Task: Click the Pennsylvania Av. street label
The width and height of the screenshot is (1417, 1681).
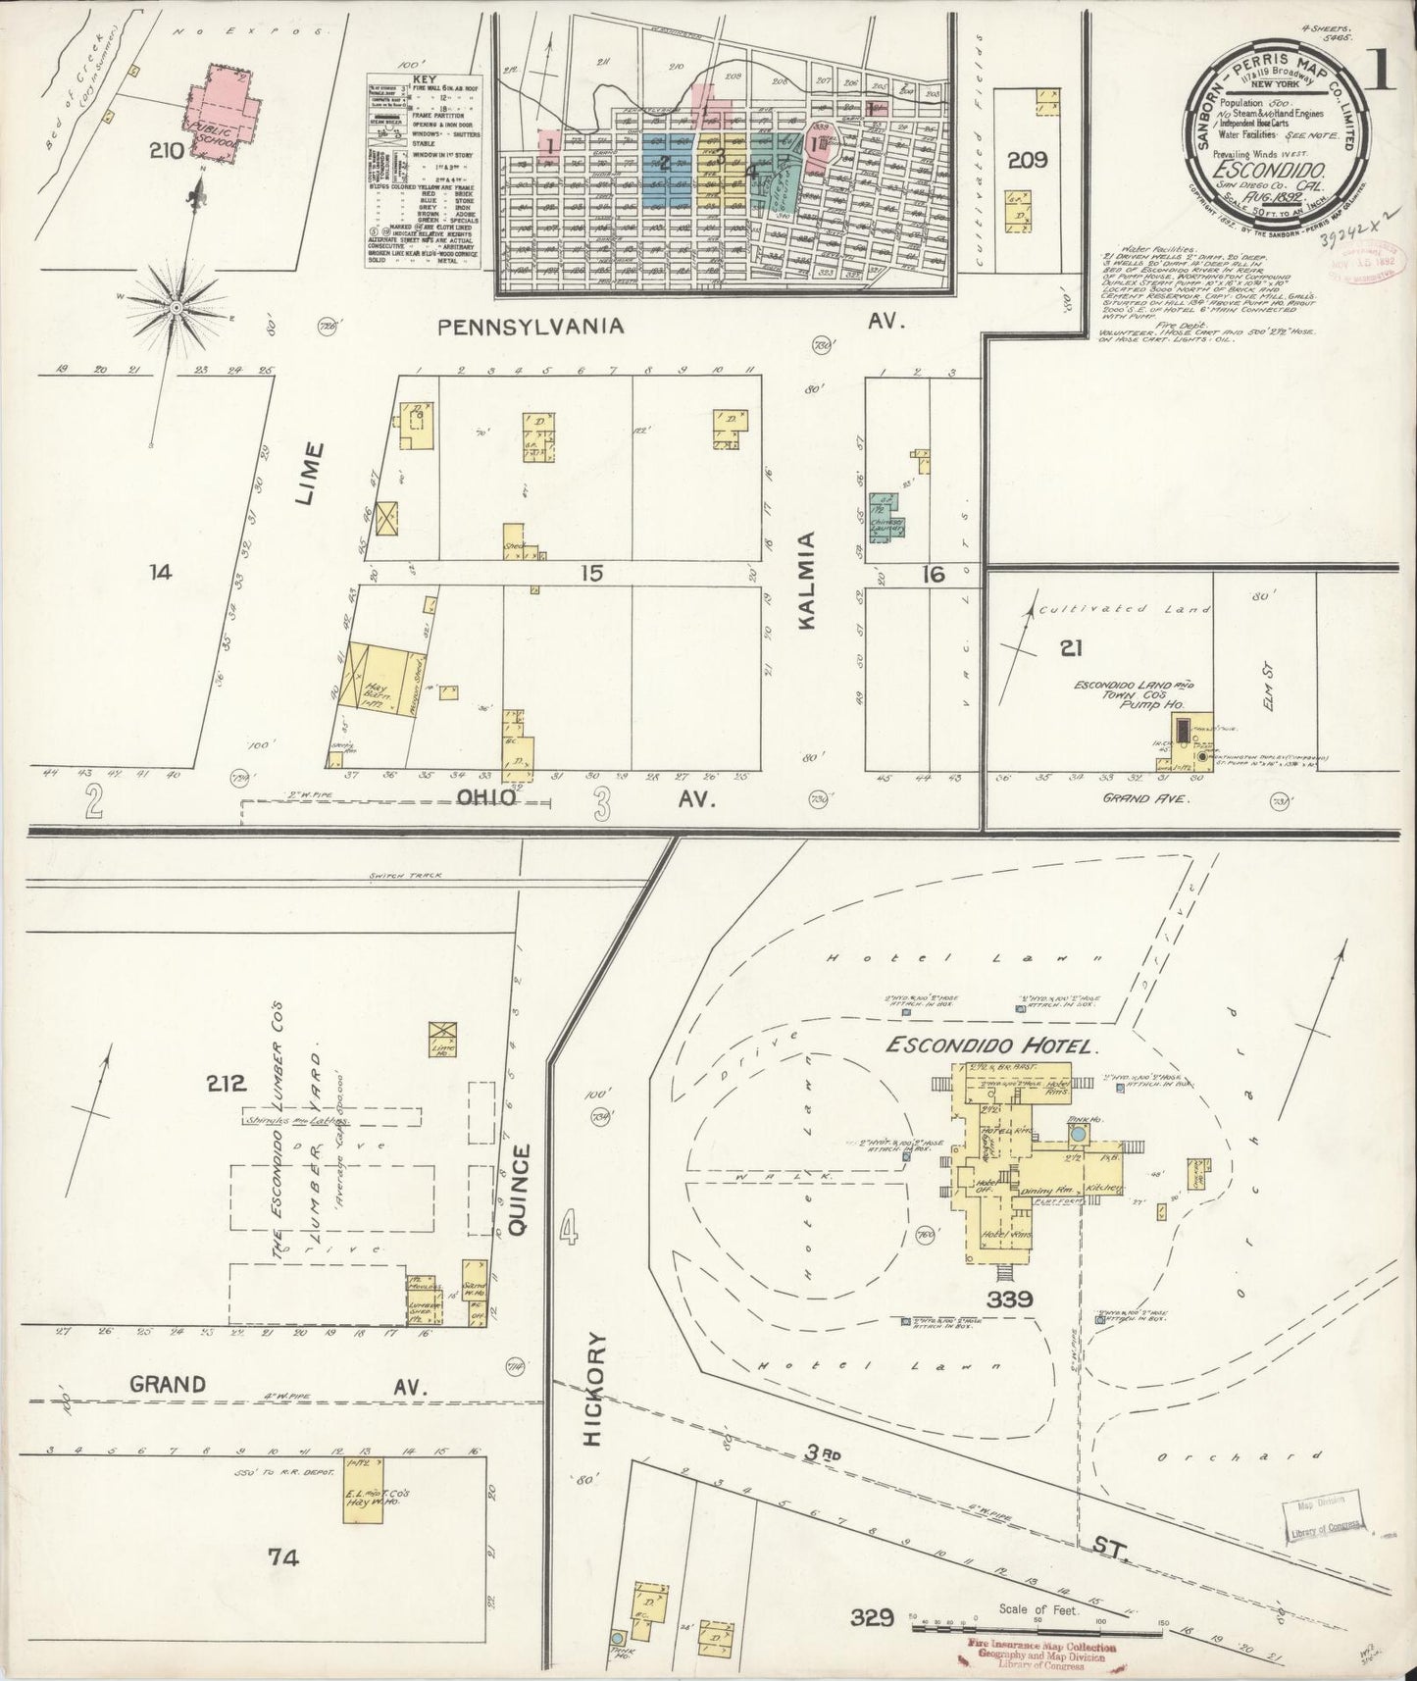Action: pos(531,327)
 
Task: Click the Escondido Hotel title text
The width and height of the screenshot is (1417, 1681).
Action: pos(988,1046)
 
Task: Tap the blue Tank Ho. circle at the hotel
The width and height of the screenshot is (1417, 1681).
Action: pos(1078,1133)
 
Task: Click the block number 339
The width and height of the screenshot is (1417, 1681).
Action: pos(1010,1300)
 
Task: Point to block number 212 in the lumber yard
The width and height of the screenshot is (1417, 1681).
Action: pos(226,1085)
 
